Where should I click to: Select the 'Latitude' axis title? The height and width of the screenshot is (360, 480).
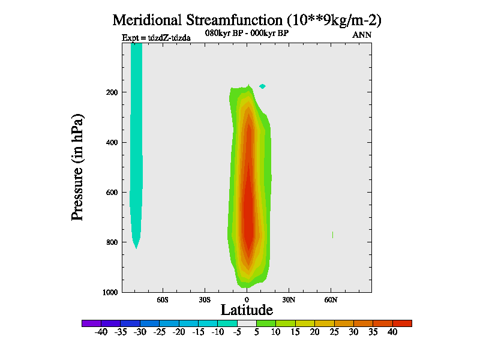pos(247,310)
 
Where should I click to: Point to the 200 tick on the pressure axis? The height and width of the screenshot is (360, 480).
pos(110,92)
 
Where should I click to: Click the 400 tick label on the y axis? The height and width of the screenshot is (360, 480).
pos(110,142)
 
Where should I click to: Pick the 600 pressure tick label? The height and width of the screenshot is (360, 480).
pos(110,193)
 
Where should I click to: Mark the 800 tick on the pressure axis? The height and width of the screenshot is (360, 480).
pos(110,242)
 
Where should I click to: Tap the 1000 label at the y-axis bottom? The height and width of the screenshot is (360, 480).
pos(109,292)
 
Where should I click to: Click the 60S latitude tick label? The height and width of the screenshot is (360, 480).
pos(163,299)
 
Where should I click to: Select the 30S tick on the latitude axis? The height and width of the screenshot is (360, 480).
pos(205,299)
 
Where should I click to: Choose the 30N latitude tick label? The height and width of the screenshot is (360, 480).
pos(289,299)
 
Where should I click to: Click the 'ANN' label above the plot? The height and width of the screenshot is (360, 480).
pos(361,35)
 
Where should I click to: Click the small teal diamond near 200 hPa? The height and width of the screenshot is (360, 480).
pos(262,86)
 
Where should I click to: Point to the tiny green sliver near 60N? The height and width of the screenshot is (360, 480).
pos(332,235)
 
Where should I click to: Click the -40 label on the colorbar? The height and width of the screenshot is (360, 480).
pos(101,332)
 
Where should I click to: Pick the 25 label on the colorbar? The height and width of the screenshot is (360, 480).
pos(334,332)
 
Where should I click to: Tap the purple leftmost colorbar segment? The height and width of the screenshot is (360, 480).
pos(91,323)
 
